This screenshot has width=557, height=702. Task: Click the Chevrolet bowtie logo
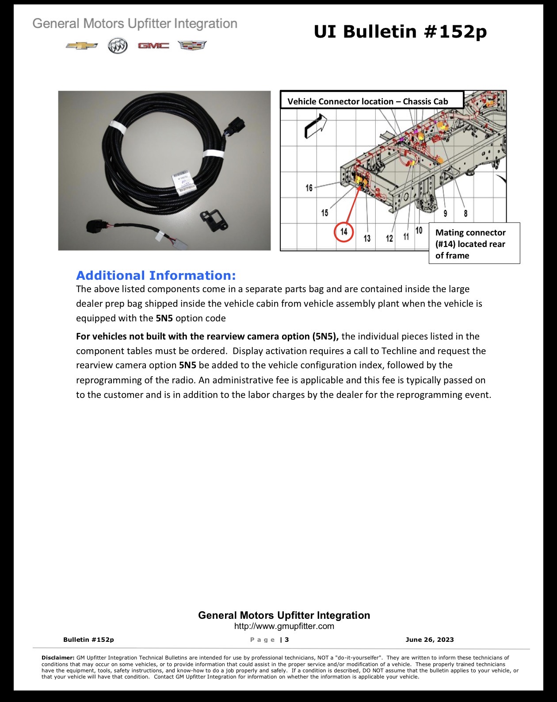tap(81, 46)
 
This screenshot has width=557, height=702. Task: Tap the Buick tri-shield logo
tap(118, 46)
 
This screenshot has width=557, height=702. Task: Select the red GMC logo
tap(153, 46)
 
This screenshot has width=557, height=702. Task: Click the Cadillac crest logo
tap(192, 45)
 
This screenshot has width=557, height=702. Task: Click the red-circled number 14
tap(344, 232)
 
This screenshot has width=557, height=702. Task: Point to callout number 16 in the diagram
tap(309, 188)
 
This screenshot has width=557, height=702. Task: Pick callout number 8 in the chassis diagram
tap(465, 213)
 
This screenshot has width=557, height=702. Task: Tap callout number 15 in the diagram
tap(324, 213)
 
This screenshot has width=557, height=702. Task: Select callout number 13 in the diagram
tap(367, 239)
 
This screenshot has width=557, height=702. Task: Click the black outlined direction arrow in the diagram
tap(315, 127)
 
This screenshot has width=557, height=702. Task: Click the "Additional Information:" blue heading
tap(156, 275)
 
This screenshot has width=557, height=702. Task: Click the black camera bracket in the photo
tap(214, 220)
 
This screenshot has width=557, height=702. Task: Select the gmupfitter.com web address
tap(284, 626)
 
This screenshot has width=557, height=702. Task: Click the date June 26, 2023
tap(430, 639)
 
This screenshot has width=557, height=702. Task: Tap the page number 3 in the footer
tap(287, 640)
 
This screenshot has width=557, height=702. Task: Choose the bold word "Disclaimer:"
tap(58, 658)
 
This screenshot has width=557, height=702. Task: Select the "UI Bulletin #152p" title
tap(400, 31)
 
